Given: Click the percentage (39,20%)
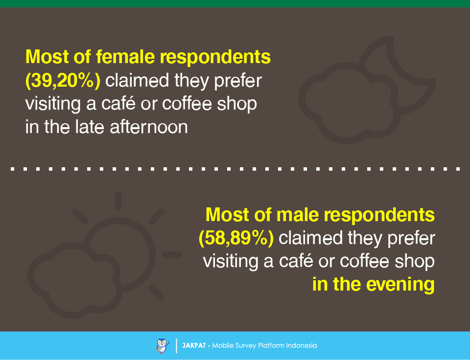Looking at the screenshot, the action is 63,81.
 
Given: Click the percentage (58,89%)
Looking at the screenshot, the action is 236,238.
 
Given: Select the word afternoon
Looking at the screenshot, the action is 149,127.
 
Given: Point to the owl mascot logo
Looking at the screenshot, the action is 162,346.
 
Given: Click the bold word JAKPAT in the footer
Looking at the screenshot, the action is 194,345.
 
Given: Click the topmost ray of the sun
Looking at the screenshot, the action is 118,201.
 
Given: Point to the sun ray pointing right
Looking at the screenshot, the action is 172,254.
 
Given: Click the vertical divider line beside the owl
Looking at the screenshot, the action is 177,346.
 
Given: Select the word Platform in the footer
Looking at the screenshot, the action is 271,345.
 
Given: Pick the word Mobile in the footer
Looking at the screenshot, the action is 223,345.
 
